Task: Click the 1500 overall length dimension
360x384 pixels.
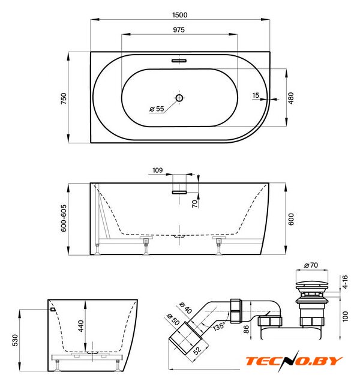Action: point(180,15)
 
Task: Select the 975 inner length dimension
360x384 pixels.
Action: point(179,29)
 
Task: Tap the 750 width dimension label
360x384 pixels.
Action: point(64,98)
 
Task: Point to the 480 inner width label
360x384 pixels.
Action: point(291,98)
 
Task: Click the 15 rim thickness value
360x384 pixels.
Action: point(256,95)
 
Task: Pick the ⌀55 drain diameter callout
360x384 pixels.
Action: point(157,109)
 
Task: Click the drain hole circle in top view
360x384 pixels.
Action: point(179,98)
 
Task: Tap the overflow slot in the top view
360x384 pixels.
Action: point(179,61)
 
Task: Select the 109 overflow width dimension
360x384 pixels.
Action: point(157,170)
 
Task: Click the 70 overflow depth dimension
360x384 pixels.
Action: point(194,203)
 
